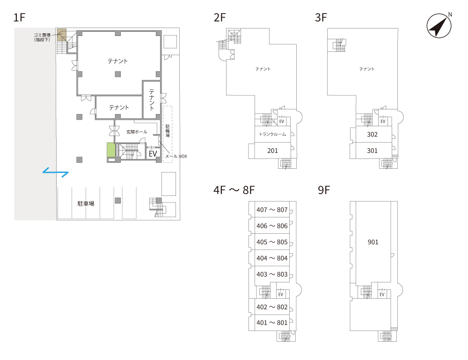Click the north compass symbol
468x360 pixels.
click(439, 26)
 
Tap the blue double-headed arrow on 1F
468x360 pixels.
click(56, 173)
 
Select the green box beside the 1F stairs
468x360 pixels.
click(111, 150)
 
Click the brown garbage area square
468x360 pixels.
click(62, 35)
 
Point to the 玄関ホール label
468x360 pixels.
click(137, 132)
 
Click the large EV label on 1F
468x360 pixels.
click(153, 154)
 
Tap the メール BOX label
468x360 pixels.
click(176, 156)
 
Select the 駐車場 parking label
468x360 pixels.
click(86, 204)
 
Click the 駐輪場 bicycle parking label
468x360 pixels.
click(168, 131)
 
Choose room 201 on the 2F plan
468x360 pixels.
click(272, 151)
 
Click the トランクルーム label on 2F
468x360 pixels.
click(272, 134)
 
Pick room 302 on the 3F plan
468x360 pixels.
click(372, 135)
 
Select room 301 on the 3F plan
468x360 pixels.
click(372, 151)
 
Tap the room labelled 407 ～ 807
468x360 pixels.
click(272, 209)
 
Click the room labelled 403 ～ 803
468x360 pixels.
click(272, 274)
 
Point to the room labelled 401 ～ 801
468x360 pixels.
click(272, 323)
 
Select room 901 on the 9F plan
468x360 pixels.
click(373, 242)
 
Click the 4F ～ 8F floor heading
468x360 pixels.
click(234, 190)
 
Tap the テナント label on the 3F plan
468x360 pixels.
click(367, 69)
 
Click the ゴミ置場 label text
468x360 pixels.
click(42, 35)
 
